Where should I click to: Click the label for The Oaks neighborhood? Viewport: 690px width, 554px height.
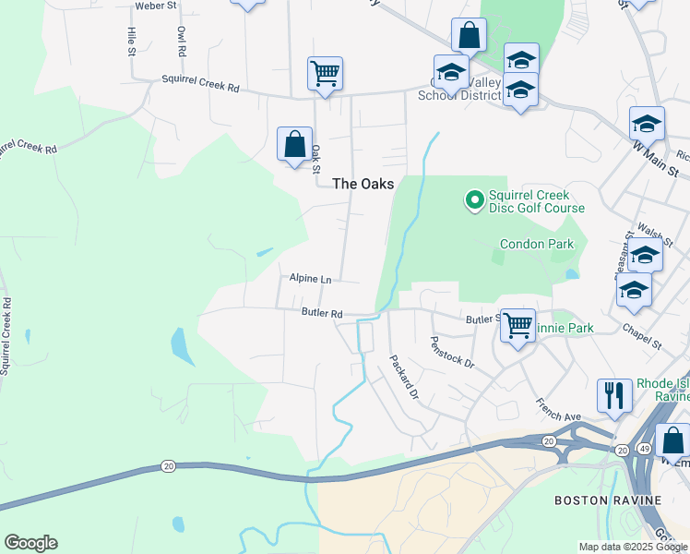363,184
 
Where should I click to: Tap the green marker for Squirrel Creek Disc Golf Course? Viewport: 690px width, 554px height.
474,199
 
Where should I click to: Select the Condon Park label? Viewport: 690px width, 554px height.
537,244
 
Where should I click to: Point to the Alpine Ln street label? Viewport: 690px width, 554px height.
310,278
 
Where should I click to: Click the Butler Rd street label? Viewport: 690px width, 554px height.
322,313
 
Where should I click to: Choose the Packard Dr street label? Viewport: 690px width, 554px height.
404,377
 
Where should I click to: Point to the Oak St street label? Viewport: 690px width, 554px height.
315,158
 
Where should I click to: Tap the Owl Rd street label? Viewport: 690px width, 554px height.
180,42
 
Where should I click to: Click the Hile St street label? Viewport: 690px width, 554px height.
131,41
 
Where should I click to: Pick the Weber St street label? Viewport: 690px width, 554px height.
155,6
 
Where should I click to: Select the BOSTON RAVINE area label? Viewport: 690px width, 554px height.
607,500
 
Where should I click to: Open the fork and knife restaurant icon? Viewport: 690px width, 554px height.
613,395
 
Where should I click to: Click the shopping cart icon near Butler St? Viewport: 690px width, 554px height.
517,325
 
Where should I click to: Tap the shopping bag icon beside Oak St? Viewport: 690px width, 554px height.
294,144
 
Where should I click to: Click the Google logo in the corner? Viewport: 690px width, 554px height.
30,543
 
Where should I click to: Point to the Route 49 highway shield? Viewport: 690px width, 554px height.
645,449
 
